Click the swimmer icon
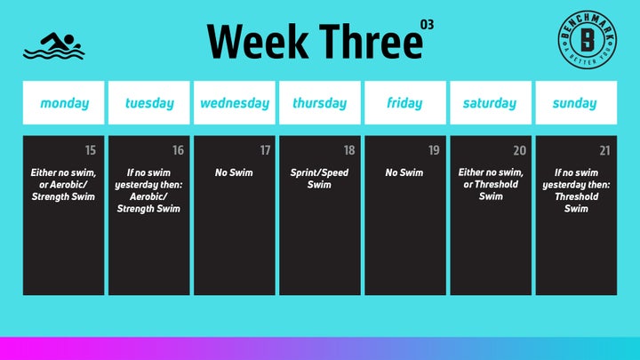(54, 45)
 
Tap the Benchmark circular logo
(588, 40)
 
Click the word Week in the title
(258, 41)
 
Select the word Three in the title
(371, 41)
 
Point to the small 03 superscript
(427, 25)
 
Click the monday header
(65, 103)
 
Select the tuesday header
(149, 103)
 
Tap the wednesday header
(235, 103)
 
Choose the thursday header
(320, 103)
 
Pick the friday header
(404, 103)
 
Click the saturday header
(490, 103)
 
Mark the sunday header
(575, 103)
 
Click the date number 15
(91, 150)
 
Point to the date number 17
(265, 150)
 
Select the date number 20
(520, 150)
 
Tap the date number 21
(605, 150)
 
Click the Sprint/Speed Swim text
(320, 179)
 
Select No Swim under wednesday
(234, 172)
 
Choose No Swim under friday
(404, 172)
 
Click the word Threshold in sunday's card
(576, 196)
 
